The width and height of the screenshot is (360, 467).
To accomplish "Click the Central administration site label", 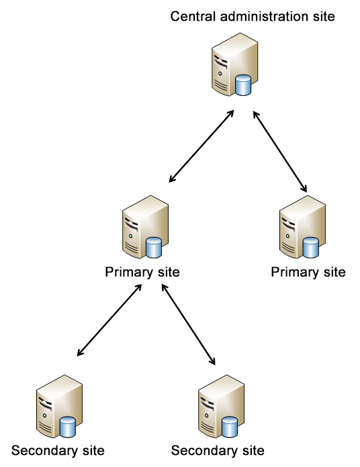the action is [x=253, y=16].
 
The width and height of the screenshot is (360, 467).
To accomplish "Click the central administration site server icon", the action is [x=234, y=64].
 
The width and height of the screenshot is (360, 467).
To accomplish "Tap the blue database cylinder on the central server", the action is [x=243, y=85].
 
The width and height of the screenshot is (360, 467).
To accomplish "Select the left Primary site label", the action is [x=142, y=272].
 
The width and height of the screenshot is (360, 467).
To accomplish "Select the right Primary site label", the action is [x=308, y=272].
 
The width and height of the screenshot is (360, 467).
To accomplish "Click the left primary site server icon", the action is [x=145, y=227].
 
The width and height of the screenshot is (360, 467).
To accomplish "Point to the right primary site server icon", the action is [x=302, y=227].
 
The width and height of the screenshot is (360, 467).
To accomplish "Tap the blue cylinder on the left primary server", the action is [x=154, y=248].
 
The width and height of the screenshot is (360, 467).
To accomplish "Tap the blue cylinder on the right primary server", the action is [x=311, y=248].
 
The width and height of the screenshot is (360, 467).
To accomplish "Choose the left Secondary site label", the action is [x=58, y=451].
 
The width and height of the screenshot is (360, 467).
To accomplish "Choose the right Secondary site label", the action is [x=218, y=451].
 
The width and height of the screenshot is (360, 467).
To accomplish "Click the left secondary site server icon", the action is [x=59, y=406].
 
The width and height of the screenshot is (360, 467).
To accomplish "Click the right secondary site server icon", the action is [x=222, y=406].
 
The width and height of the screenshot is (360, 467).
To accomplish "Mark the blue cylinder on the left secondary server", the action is [x=68, y=427].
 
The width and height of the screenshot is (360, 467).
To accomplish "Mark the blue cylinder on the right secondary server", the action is [x=230, y=427].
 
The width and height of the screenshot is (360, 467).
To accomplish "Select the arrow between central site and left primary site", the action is [x=201, y=146].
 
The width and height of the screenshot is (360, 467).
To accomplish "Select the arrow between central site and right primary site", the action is [x=280, y=152].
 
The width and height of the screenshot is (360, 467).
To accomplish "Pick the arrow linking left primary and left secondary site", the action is [x=109, y=320].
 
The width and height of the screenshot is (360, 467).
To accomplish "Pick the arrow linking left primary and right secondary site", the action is [x=188, y=324].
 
